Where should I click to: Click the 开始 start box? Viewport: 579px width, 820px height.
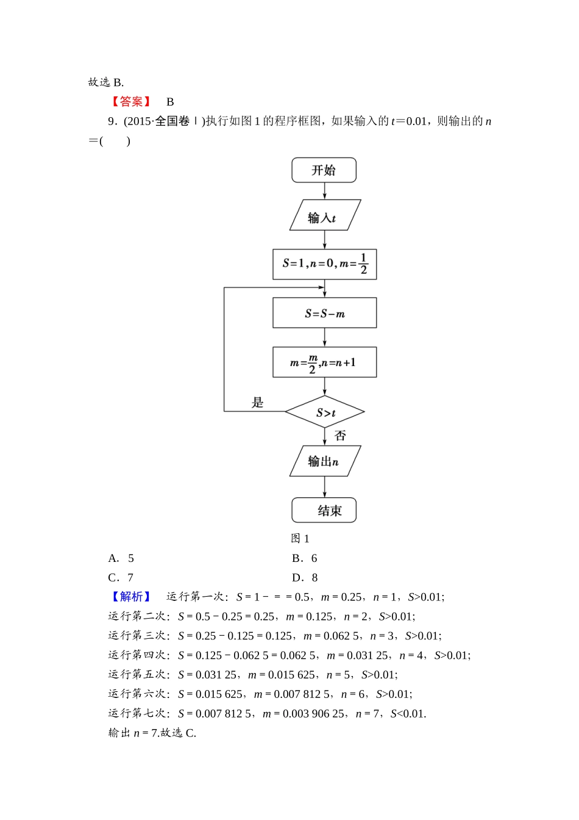[324, 170]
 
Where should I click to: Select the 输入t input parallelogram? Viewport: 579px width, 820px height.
[324, 215]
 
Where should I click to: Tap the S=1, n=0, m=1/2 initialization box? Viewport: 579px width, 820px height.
[324, 264]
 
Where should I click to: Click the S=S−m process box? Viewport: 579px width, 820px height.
[324, 313]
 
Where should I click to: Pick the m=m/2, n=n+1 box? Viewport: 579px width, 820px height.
[324, 362]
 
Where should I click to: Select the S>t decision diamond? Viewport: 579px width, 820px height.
[325, 412]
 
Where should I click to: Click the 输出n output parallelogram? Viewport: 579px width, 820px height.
[324, 461]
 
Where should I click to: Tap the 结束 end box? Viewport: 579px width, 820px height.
[324, 510]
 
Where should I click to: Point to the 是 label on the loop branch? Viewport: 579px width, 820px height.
[258, 402]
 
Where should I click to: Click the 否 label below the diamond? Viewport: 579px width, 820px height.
[340, 436]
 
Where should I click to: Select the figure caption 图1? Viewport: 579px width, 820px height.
[300, 538]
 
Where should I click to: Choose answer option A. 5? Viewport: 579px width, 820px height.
[121, 558]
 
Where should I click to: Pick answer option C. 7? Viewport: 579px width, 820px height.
[121, 578]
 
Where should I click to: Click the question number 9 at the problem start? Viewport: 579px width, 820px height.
[112, 121]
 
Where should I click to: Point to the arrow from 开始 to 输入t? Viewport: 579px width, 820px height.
[324, 191]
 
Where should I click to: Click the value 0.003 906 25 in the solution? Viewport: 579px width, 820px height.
[313, 714]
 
